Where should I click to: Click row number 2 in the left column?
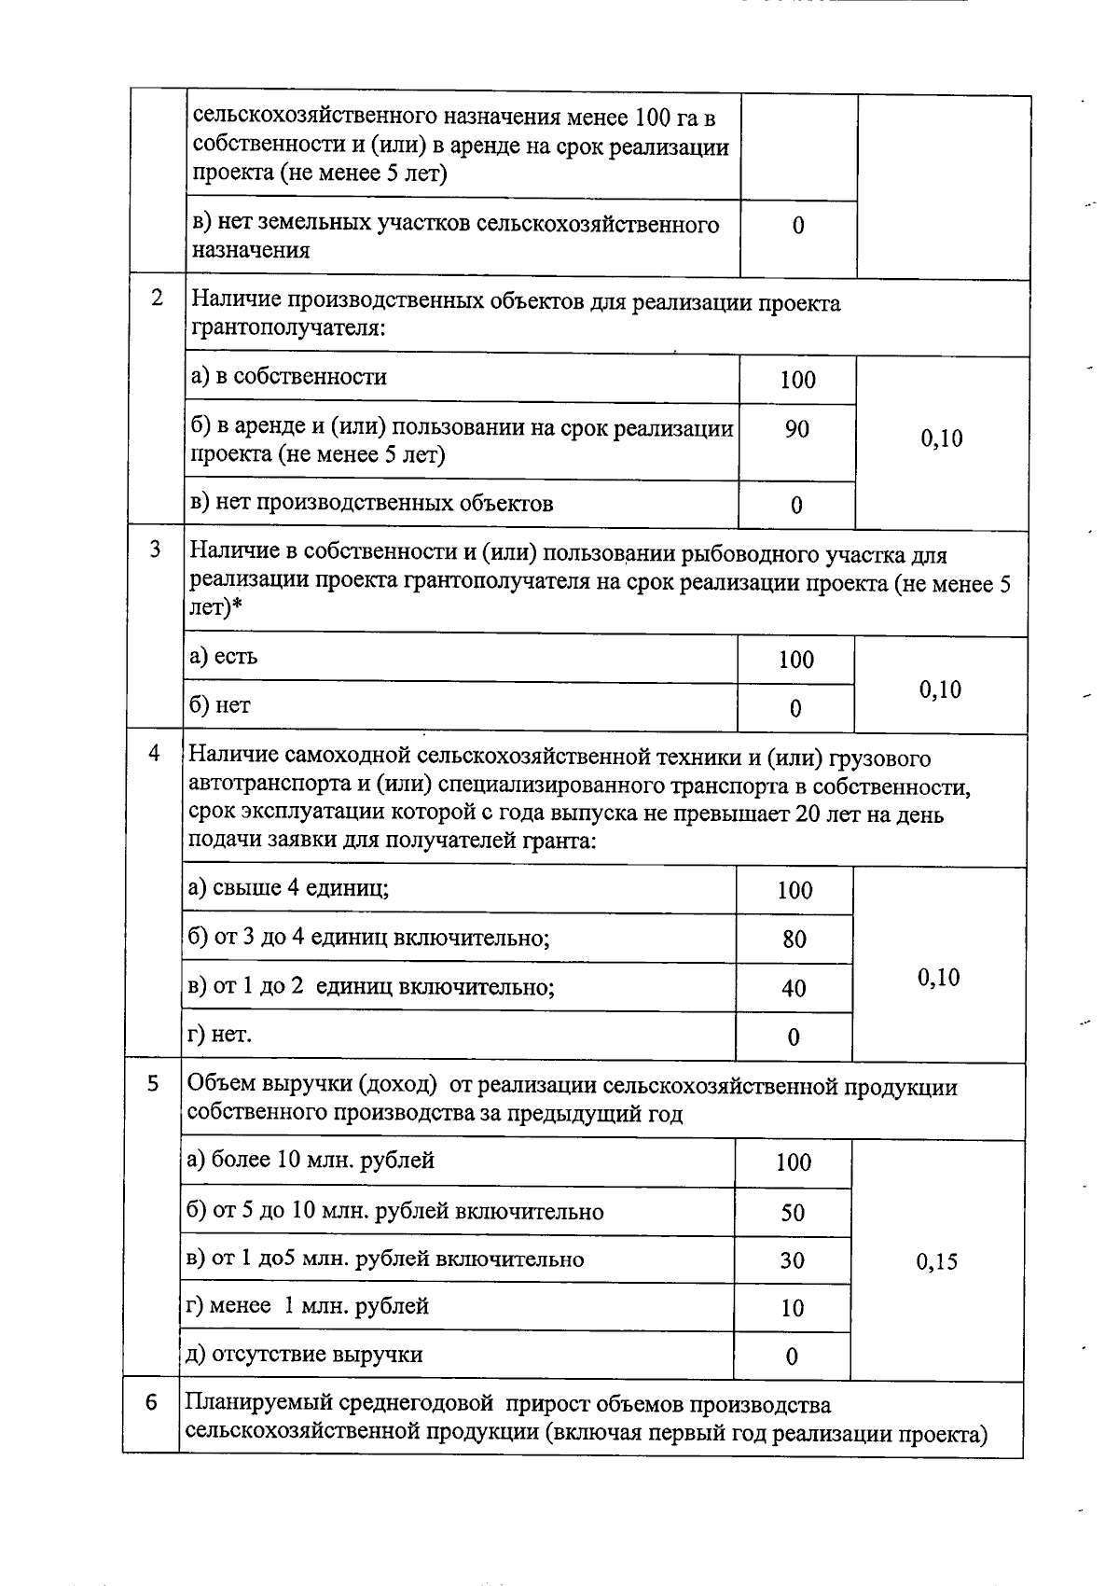pyautogui.click(x=157, y=299)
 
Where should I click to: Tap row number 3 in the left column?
pyautogui.click(x=156, y=550)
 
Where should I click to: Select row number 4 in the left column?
pyautogui.click(x=154, y=753)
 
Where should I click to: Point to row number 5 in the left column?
pyautogui.click(x=153, y=1083)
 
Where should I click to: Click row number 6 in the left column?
pyautogui.click(x=151, y=1402)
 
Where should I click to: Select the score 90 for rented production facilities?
pyautogui.click(x=797, y=430)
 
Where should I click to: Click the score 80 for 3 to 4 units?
pyautogui.click(x=794, y=939)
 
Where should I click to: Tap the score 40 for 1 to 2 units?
pyautogui.click(x=794, y=988)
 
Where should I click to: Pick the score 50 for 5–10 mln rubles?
pyautogui.click(x=793, y=1213)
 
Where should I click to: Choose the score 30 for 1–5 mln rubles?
pyautogui.click(x=793, y=1260)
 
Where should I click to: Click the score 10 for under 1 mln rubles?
pyautogui.click(x=792, y=1308)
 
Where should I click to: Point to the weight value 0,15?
pyautogui.click(x=937, y=1261)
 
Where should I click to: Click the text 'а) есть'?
pyautogui.click(x=224, y=657)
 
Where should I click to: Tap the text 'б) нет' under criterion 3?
pyautogui.click(x=220, y=706)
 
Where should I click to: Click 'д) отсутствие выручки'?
pyautogui.click(x=305, y=1354)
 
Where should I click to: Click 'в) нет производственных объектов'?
pyautogui.click(x=372, y=504)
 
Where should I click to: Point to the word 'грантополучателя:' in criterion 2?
pyautogui.click(x=289, y=327)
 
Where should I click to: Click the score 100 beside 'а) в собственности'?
pyautogui.click(x=798, y=380)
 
